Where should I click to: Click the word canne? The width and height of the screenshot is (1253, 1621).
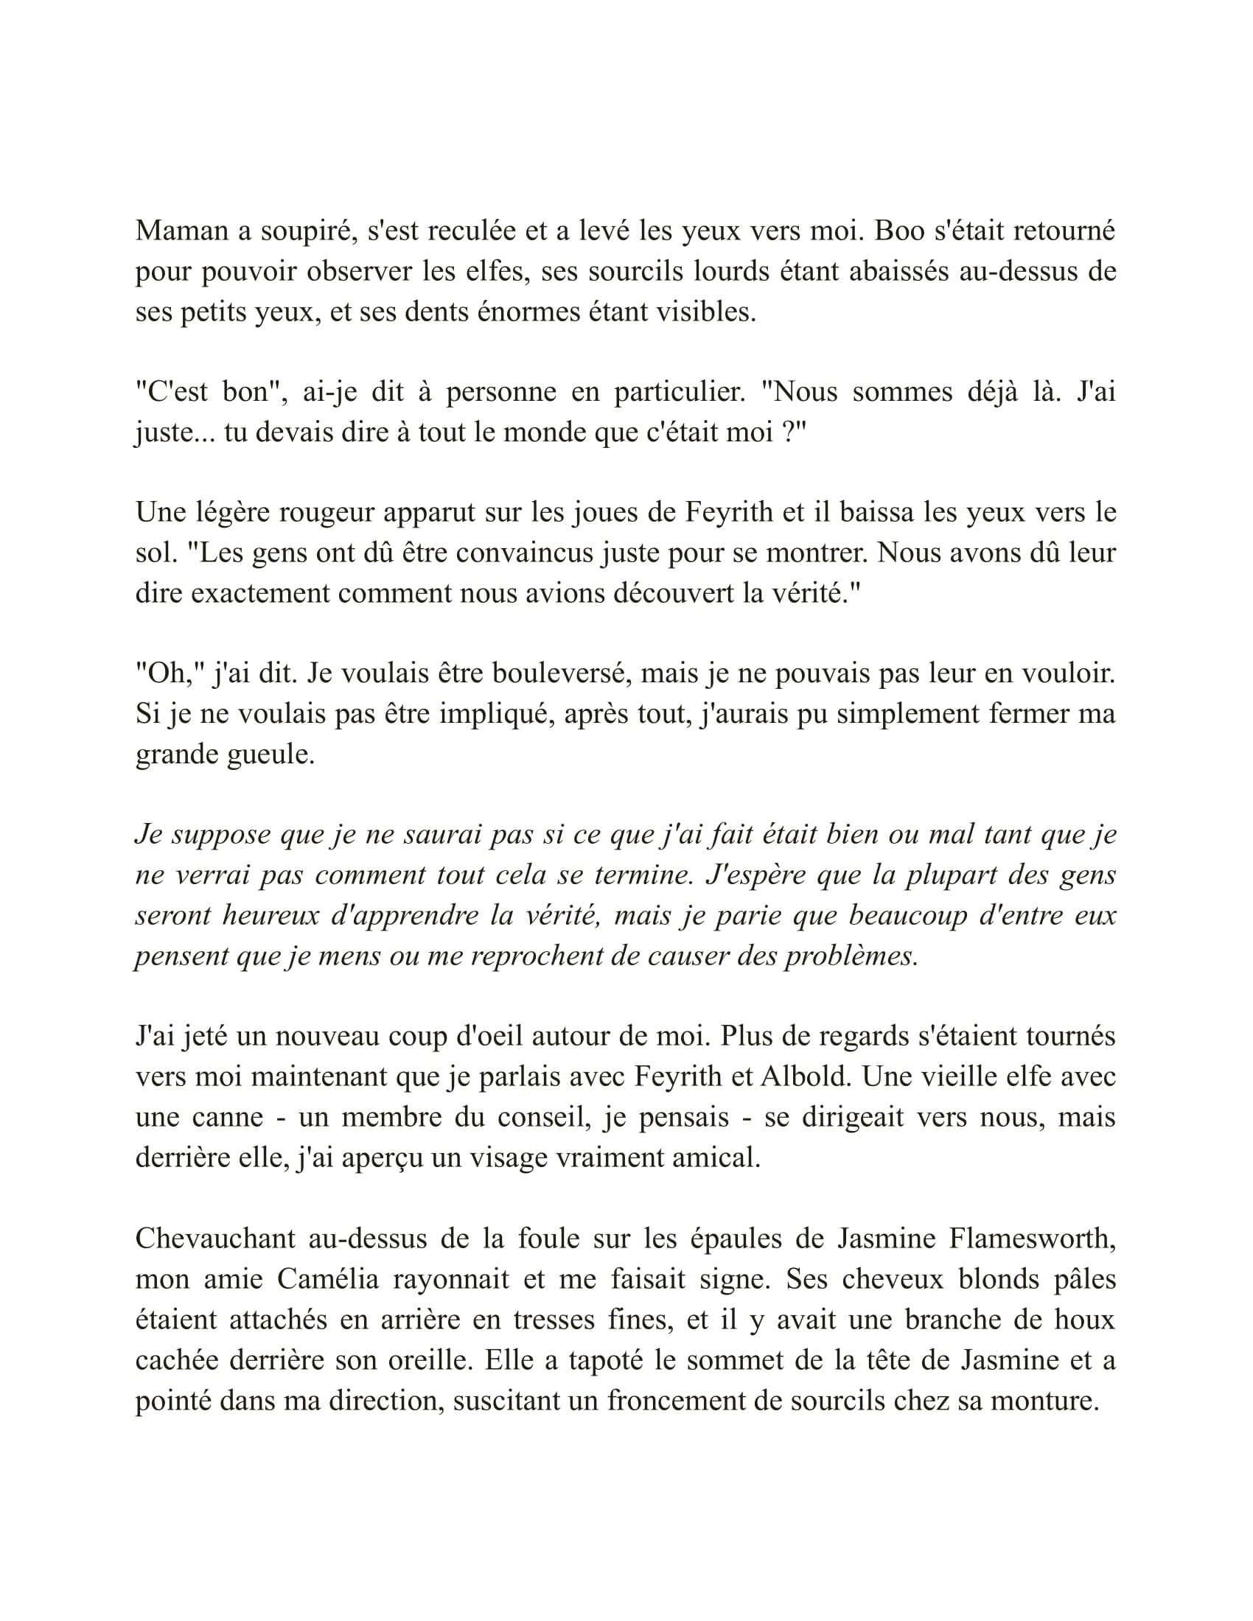(x=227, y=1117)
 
